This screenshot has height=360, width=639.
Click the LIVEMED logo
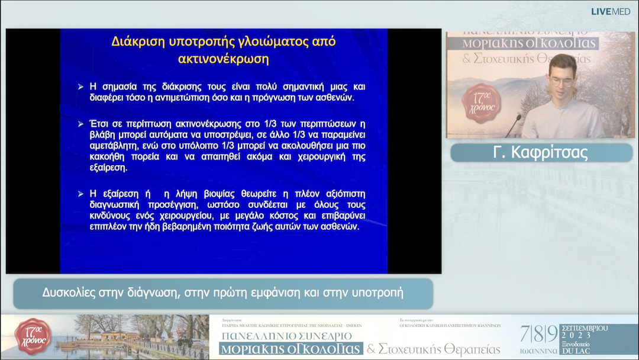coord(611,11)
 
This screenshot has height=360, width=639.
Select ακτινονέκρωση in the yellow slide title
coord(223,59)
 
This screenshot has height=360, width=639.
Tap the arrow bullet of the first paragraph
coord(81,87)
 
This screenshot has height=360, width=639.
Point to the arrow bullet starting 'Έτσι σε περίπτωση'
coord(81,124)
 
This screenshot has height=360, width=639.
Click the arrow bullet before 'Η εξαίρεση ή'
coord(81,194)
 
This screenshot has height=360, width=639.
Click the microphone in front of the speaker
coord(512,124)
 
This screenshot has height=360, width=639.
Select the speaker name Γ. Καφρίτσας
coord(541,153)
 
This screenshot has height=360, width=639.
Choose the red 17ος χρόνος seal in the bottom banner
coord(33,336)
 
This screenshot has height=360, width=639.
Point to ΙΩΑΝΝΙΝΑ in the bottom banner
coord(537,351)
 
